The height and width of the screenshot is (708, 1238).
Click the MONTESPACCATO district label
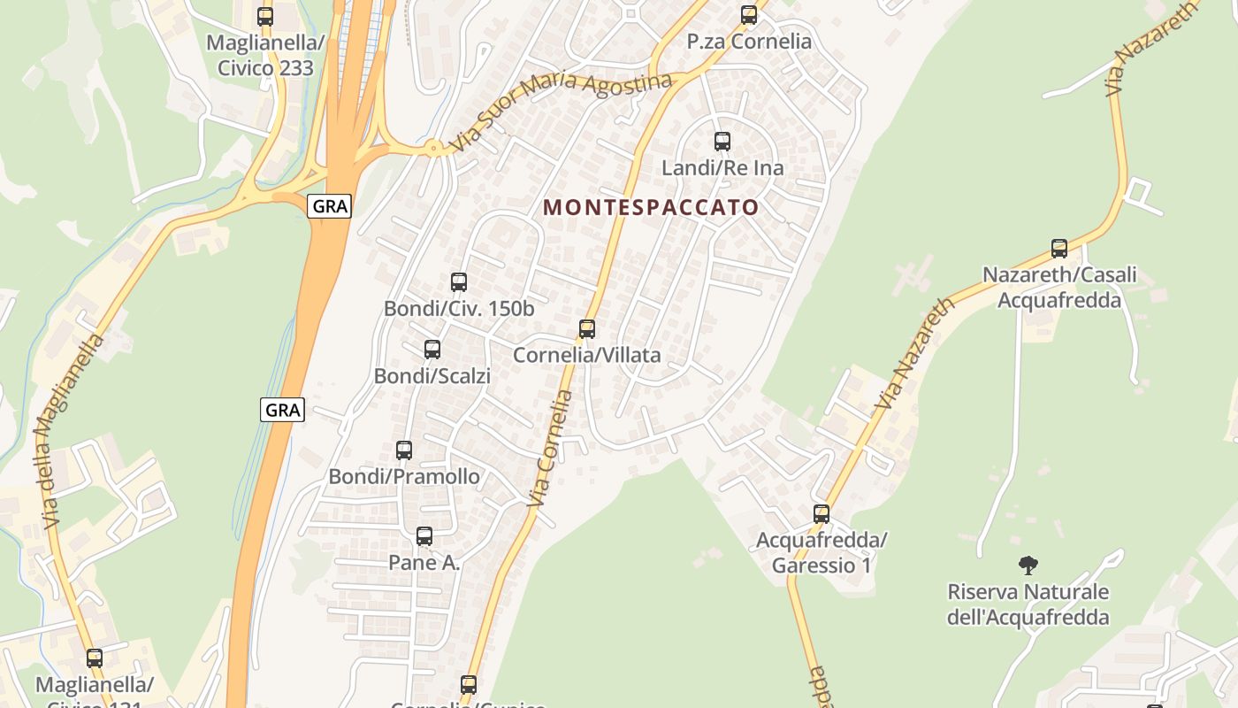(651, 208)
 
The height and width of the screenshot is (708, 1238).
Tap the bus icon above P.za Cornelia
(749, 15)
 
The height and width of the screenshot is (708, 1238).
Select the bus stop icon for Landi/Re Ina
(722, 142)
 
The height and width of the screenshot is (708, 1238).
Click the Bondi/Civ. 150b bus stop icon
(459, 282)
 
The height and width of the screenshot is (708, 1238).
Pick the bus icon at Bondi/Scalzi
(432, 350)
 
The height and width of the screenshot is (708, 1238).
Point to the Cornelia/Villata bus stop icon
(587, 329)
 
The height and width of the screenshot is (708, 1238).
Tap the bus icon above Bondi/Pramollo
(404, 450)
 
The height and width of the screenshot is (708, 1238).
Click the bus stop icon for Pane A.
(424, 536)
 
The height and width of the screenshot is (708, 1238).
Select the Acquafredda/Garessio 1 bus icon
(822, 514)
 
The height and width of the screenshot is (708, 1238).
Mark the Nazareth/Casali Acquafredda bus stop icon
(1059, 249)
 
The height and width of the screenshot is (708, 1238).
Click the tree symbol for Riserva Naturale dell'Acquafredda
(1028, 565)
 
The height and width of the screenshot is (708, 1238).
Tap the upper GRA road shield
(330, 207)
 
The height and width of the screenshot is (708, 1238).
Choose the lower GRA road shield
(283, 410)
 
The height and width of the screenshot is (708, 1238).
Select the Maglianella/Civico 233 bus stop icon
(265, 16)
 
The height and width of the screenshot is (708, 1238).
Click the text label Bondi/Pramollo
(404, 477)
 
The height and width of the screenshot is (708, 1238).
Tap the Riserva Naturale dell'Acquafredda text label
(1028, 604)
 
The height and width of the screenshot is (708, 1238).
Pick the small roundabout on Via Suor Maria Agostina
(433, 148)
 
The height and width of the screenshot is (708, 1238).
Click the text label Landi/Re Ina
(722, 168)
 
